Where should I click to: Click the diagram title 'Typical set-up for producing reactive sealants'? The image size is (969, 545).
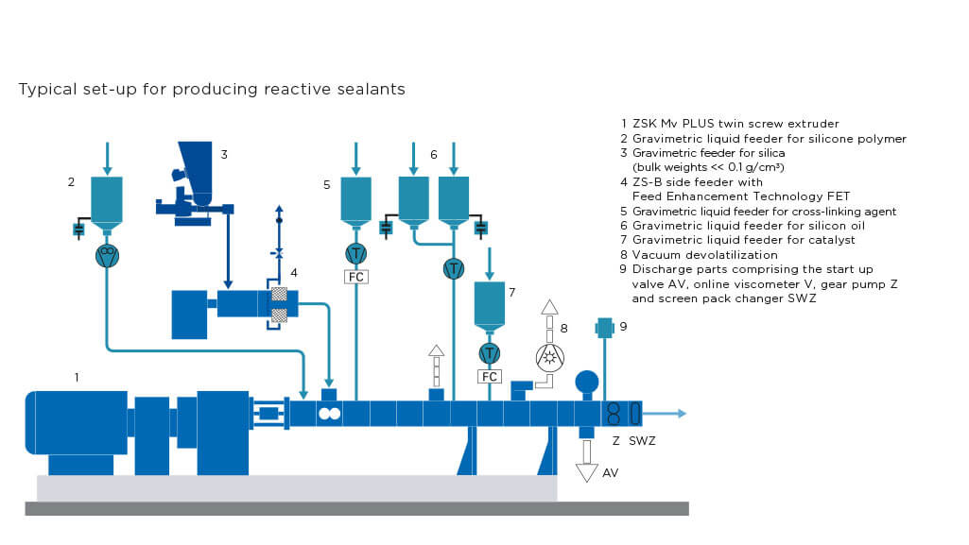coord(212,90)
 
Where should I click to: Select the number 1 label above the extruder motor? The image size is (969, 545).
coord(78,377)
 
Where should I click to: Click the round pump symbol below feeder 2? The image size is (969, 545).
coord(107,254)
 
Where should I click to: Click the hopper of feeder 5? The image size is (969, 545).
coord(355,201)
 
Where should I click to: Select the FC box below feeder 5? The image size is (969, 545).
coord(355,277)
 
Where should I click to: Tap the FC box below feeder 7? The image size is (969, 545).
coord(489,376)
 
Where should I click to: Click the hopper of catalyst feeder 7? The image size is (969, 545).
coord(489,303)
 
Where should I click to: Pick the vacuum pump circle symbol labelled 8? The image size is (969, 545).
coord(550,356)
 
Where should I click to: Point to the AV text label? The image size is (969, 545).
coord(610,472)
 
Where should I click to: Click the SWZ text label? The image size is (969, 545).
coord(642,440)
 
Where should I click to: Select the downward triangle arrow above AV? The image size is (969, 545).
coord(587,468)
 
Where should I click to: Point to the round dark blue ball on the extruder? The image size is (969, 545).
coord(587,381)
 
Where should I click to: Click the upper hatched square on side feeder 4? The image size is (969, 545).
coord(279,294)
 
